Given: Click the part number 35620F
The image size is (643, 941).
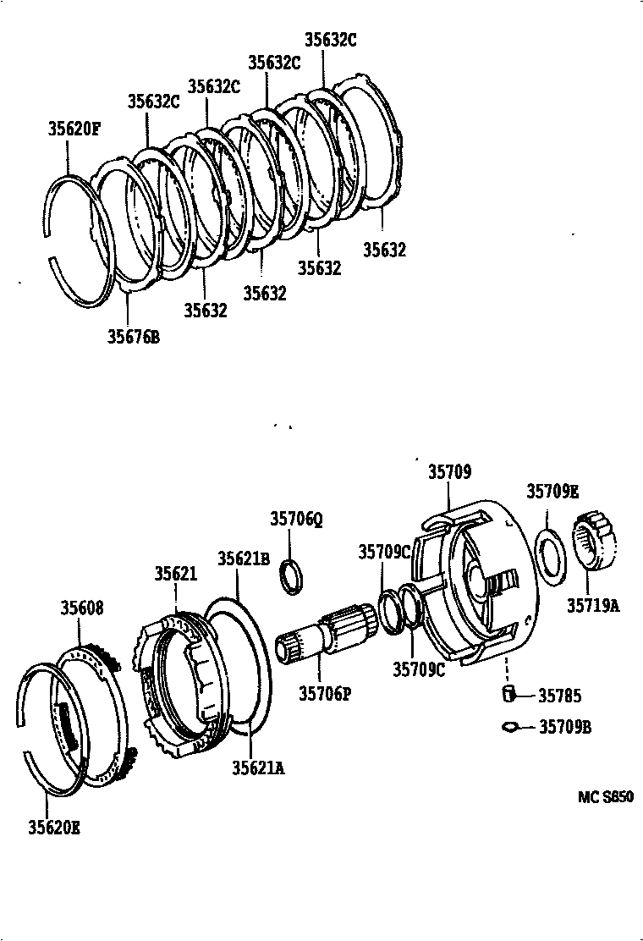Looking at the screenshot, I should tap(74, 129).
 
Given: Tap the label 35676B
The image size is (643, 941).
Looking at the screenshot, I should tap(133, 337).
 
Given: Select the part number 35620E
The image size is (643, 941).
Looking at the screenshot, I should tap(53, 828).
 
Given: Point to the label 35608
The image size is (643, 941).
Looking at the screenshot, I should tap(82, 607).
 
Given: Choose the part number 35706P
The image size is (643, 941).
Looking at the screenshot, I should tap(325, 694).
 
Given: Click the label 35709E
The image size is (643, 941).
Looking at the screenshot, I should tap(552, 492).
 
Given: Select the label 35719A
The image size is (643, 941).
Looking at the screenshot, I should tap(593, 605).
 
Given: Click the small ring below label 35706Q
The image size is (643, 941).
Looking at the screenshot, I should tap(292, 575).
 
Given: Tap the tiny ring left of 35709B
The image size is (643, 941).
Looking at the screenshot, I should tap(509, 726).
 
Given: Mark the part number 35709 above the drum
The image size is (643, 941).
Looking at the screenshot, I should tap(449, 472).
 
